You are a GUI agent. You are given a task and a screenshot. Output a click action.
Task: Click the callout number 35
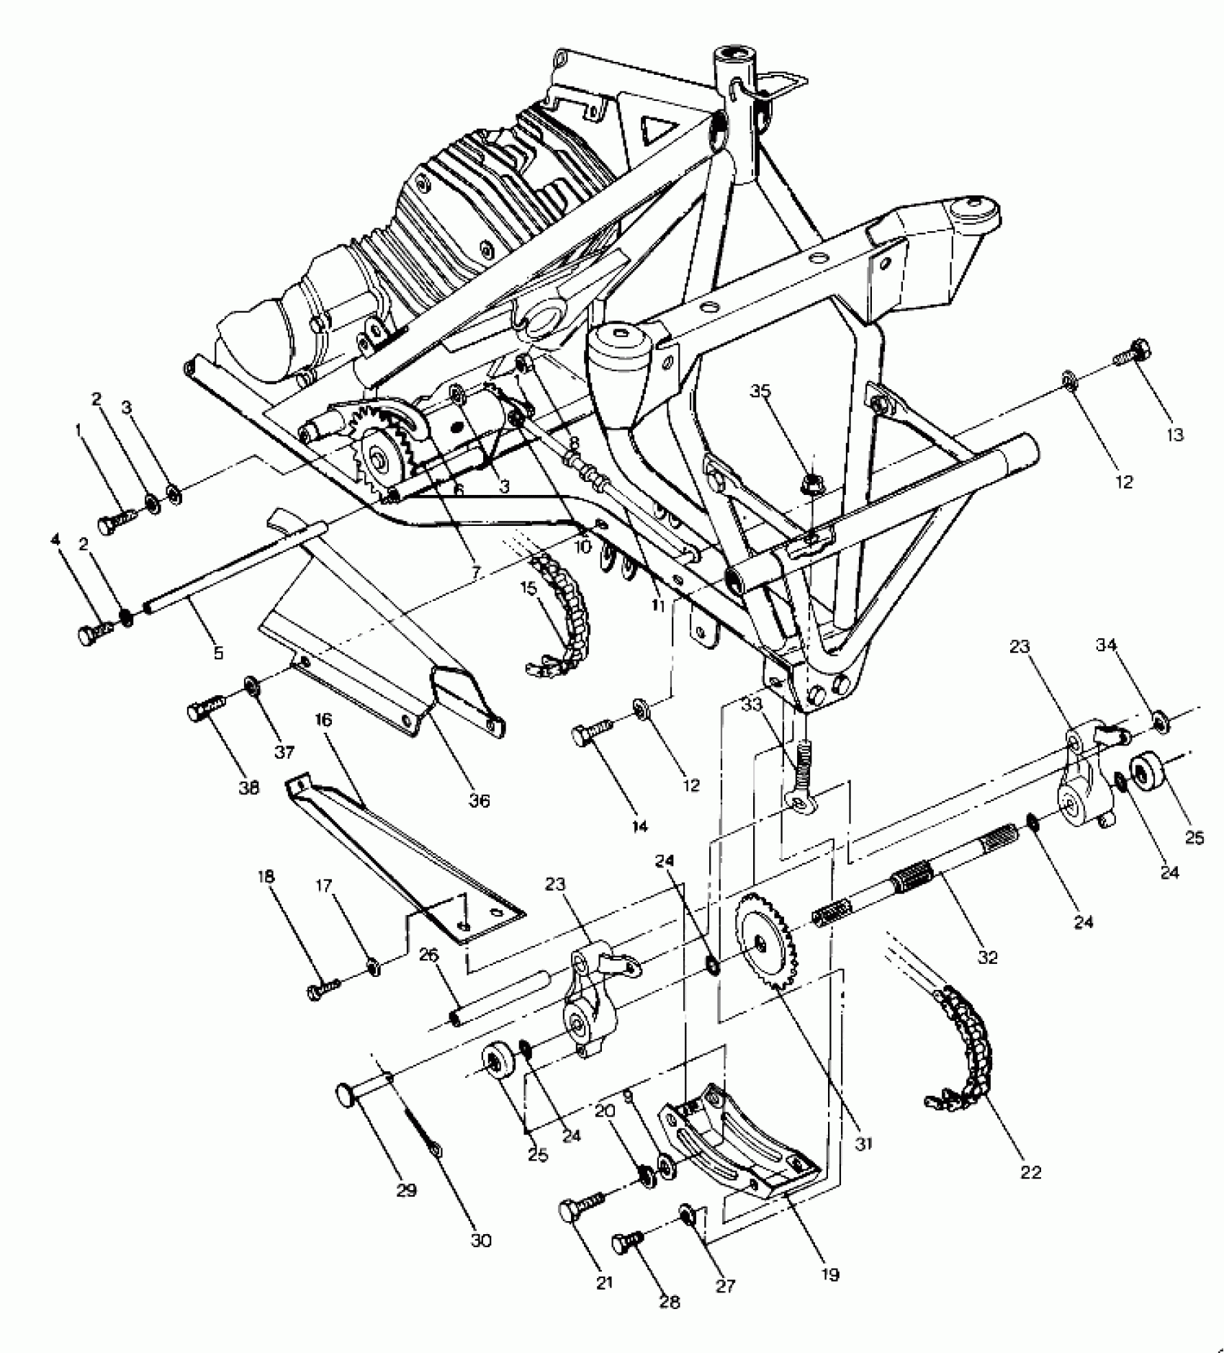(760, 391)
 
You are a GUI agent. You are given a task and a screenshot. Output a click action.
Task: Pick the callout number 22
(1031, 1172)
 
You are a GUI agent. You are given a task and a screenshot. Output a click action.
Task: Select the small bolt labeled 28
(627, 1242)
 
